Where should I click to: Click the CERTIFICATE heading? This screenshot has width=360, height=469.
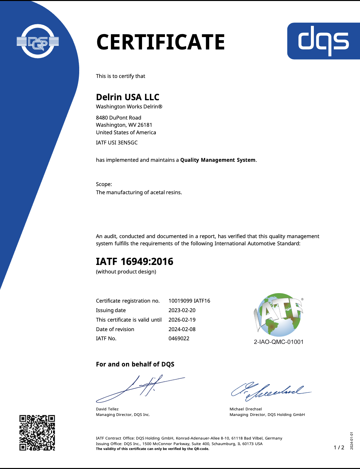[160, 42]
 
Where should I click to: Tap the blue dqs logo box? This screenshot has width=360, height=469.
[323, 41]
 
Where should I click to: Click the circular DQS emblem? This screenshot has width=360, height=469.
[38, 42]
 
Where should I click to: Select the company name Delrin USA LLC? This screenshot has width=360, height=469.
[128, 97]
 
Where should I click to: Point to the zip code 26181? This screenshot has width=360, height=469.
[145, 125]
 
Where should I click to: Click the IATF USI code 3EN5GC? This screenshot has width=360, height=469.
[127, 142]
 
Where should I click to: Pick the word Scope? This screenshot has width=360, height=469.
[104, 184]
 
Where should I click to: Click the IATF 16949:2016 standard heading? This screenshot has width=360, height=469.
[135, 261]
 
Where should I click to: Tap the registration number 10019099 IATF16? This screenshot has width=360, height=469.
[189, 301]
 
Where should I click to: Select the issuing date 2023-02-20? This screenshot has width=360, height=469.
[182, 310]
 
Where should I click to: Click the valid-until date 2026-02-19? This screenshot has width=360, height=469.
[182, 320]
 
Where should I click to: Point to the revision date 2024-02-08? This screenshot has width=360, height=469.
[182, 329]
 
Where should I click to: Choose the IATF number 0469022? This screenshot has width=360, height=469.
[179, 338]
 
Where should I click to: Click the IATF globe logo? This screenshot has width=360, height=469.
[279, 315]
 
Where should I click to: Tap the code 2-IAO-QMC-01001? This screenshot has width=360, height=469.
[279, 342]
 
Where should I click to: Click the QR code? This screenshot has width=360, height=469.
[37, 433]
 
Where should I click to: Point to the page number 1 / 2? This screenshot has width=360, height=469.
[339, 447]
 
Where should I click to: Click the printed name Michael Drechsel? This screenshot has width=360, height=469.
[245, 409]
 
